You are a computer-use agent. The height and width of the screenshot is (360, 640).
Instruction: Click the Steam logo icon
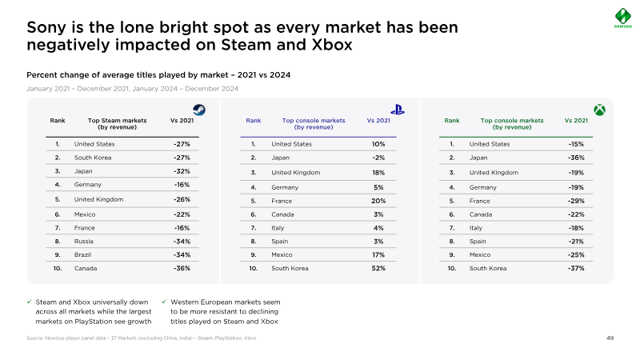click(198, 110)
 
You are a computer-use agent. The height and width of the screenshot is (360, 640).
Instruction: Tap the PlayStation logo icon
click(396, 110)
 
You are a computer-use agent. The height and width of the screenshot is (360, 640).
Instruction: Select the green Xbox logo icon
click(598, 109)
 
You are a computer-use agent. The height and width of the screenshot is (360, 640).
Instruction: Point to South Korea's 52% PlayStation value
click(378, 268)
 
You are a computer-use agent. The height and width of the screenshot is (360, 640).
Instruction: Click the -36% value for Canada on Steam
click(181, 268)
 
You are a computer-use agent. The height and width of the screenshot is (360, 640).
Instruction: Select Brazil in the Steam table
click(83, 254)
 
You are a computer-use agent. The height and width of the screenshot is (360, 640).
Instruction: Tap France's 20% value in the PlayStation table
click(378, 201)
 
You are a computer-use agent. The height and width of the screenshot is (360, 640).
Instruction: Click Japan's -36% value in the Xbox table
click(576, 158)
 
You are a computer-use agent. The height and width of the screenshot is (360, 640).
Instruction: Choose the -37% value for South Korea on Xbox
click(576, 268)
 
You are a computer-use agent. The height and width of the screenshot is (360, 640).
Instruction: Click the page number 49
click(610, 339)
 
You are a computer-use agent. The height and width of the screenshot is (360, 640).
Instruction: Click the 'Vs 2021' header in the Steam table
click(181, 120)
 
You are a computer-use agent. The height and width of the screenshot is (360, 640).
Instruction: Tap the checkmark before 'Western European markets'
click(163, 302)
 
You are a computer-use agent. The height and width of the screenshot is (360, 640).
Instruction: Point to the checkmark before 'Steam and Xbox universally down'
click(30, 302)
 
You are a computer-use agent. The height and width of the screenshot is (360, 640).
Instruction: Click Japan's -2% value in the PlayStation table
click(378, 158)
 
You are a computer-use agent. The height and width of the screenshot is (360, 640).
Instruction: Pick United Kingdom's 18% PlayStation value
click(378, 172)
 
